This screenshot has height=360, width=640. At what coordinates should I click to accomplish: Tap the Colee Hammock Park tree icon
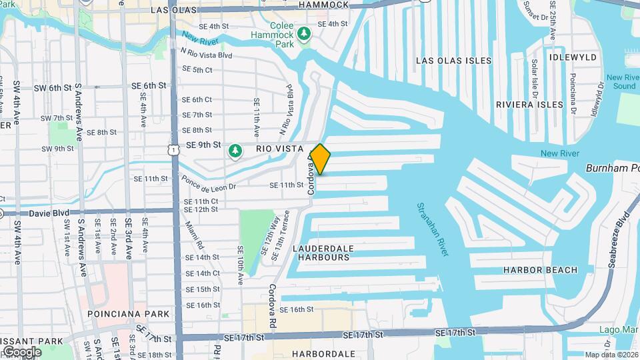pyautogui.click(x=304, y=33)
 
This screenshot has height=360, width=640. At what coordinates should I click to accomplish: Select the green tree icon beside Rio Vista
pyautogui.click(x=235, y=152)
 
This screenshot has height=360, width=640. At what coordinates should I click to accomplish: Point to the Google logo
pyautogui.click(x=21, y=352)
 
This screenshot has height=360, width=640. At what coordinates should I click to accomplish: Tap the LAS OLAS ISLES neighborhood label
pyautogui.click(x=453, y=61)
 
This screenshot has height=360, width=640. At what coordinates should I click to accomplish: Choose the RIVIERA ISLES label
pyautogui.click(x=529, y=105)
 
